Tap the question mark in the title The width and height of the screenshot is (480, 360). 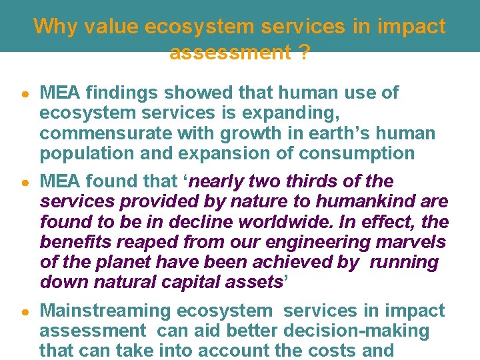[304, 53]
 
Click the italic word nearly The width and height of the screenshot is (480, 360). [225, 182]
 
